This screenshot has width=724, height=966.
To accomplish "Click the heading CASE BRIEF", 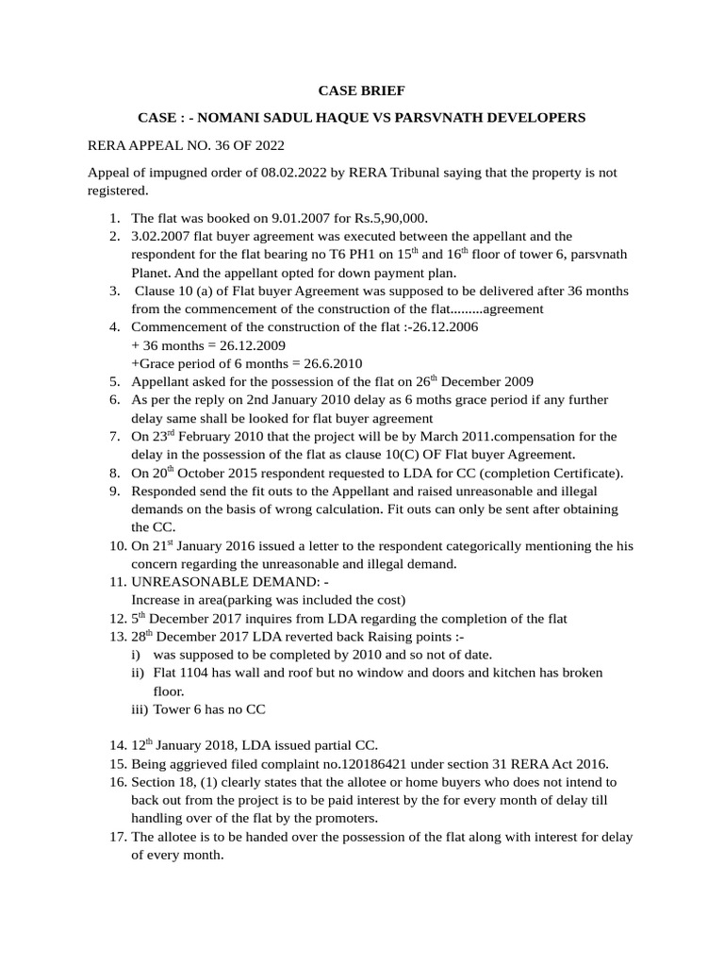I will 361,91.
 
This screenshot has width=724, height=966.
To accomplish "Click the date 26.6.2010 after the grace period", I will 321,363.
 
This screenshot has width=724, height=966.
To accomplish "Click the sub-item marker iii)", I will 140,708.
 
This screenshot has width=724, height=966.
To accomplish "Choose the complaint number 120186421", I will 349,763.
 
